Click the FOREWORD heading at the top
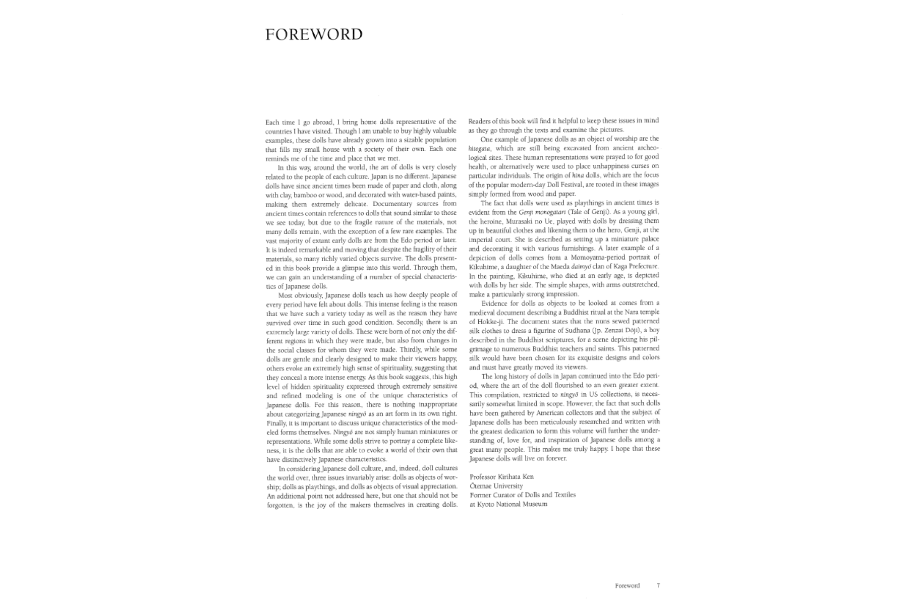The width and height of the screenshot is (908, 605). (314, 34)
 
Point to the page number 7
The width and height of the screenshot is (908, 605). (658, 585)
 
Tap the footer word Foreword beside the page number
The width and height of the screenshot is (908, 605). (627, 586)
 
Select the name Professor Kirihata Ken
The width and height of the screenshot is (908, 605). (501, 476)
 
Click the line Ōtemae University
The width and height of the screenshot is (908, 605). (496, 486)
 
